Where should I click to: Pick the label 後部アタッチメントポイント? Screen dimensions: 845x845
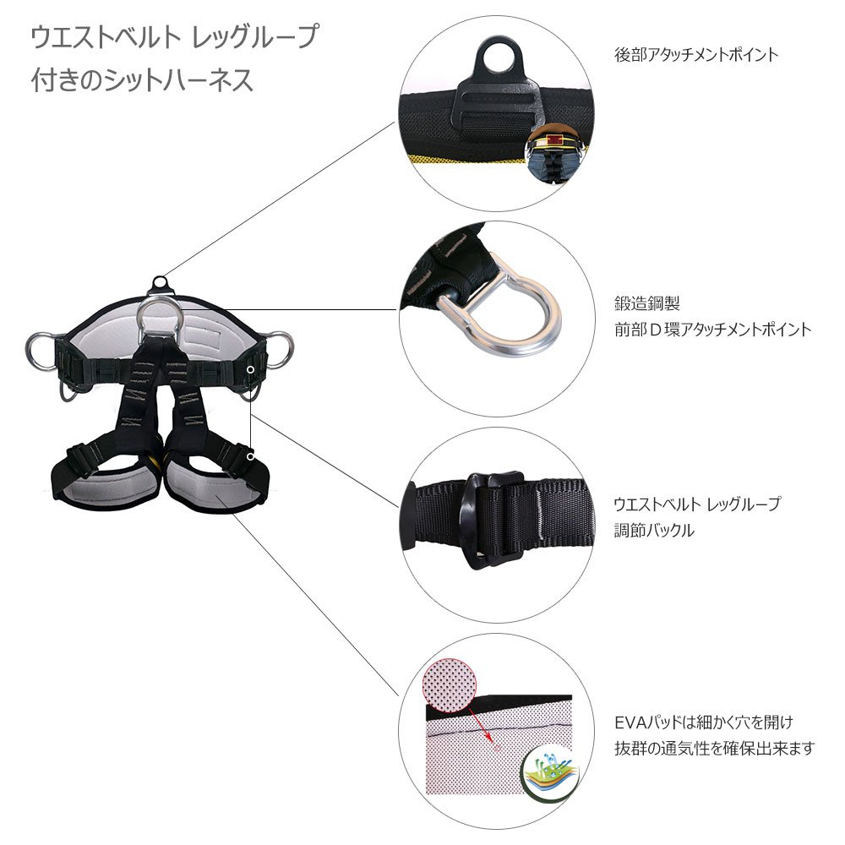696,55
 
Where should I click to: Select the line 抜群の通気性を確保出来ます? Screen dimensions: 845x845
714,748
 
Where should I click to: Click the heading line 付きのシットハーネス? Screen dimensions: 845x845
142,81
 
